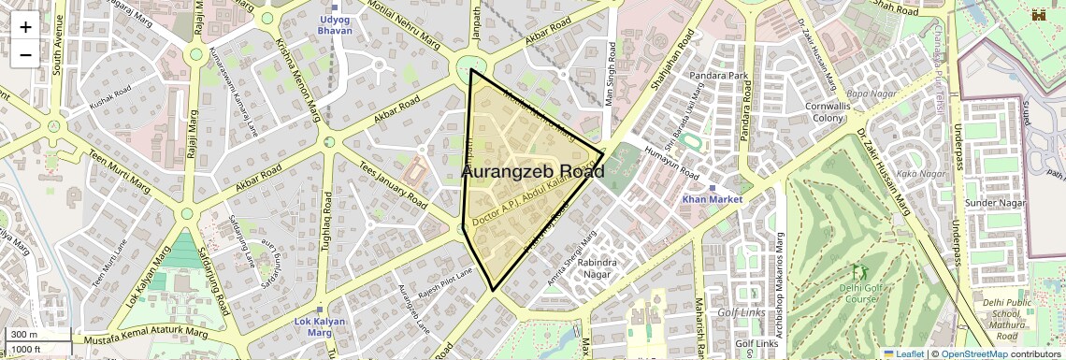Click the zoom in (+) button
pos(25,26)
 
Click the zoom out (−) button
pos(25,54)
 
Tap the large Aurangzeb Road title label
pos(533,172)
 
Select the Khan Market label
pos(712,199)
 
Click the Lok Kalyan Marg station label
pos(314,327)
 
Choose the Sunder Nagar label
pos(995,203)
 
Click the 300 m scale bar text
pos(24,335)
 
